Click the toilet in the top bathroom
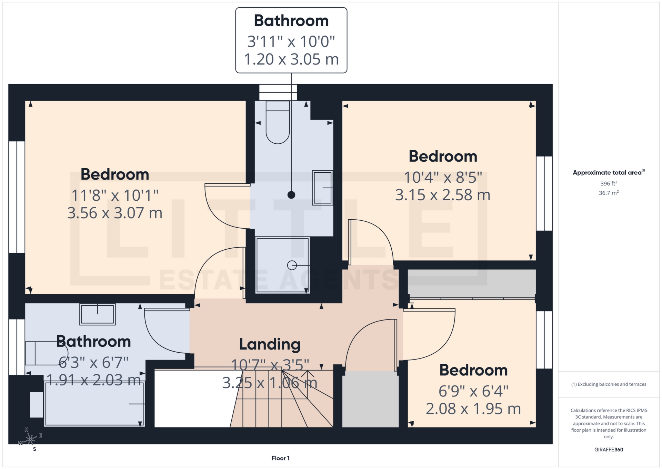pyautogui.click(x=278, y=124)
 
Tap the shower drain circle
pyautogui.click(x=292, y=265)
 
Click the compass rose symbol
pyautogui.click(x=31, y=439)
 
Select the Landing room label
pyautogui.click(x=270, y=344)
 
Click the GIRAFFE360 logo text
pyautogui.click(x=609, y=450)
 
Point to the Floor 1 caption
pyautogui.click(x=280, y=458)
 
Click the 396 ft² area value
pyautogui.click(x=609, y=183)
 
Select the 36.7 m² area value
pyautogui.click(x=609, y=193)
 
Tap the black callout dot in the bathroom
pyautogui.click(x=291, y=195)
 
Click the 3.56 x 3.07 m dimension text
pyautogui.click(x=114, y=213)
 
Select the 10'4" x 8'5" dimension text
pyautogui.click(x=443, y=178)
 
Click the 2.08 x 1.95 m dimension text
pyautogui.click(x=473, y=409)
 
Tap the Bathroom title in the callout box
pyautogui.click(x=291, y=21)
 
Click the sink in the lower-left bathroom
pyautogui.click(x=98, y=314)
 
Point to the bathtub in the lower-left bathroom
pyautogui.click(x=94, y=404)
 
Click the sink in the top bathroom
pyautogui.click(x=322, y=188)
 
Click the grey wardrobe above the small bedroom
pyautogui.click(x=471, y=283)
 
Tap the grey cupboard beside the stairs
pyautogui.click(x=370, y=399)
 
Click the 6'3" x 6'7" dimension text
pyautogui.click(x=93, y=363)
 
